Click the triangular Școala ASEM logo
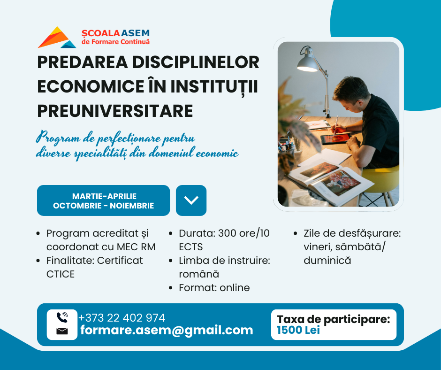tap(57, 38)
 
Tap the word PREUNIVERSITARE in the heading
tap(115, 111)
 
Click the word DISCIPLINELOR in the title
tap(196, 62)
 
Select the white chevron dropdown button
tap(191, 200)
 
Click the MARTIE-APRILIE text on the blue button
tap(104, 196)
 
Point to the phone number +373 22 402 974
tap(122, 317)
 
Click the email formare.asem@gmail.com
tap(167, 330)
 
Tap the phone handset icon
tap(62, 317)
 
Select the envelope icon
tap(62, 331)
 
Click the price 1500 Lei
tap(298, 330)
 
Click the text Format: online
tap(214, 287)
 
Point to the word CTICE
tap(61, 274)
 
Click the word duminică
tap(327, 260)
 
